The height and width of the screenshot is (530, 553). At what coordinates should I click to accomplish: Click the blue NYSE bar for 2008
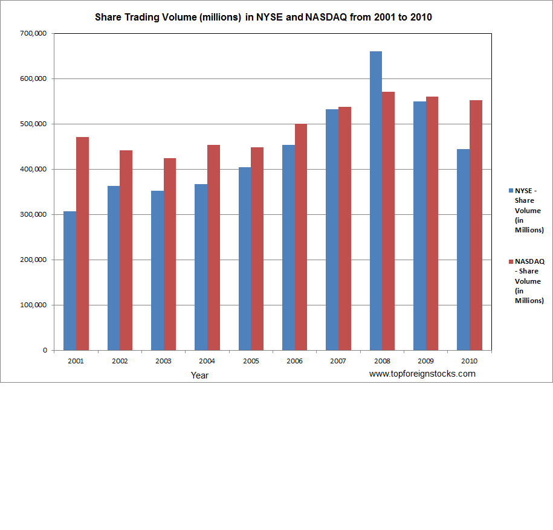point(375,200)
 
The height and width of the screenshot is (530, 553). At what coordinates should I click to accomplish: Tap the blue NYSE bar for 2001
point(70,281)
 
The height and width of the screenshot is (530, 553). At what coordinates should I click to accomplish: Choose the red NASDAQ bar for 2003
point(170,254)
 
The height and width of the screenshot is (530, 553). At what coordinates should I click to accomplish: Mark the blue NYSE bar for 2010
point(463,249)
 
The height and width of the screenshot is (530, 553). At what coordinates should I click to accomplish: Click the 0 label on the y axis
point(45,350)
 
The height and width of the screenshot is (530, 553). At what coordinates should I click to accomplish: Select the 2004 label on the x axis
point(207,361)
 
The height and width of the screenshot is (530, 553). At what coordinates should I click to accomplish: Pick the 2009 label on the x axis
point(425,361)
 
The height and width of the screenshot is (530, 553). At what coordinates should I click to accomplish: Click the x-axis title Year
point(200,375)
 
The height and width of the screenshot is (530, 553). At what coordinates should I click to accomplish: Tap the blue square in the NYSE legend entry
point(511,191)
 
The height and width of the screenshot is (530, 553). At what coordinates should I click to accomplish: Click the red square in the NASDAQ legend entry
point(511,261)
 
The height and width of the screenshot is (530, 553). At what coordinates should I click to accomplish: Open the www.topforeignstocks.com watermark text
point(422,374)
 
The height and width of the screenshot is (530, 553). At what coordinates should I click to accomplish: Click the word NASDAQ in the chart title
point(325,17)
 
